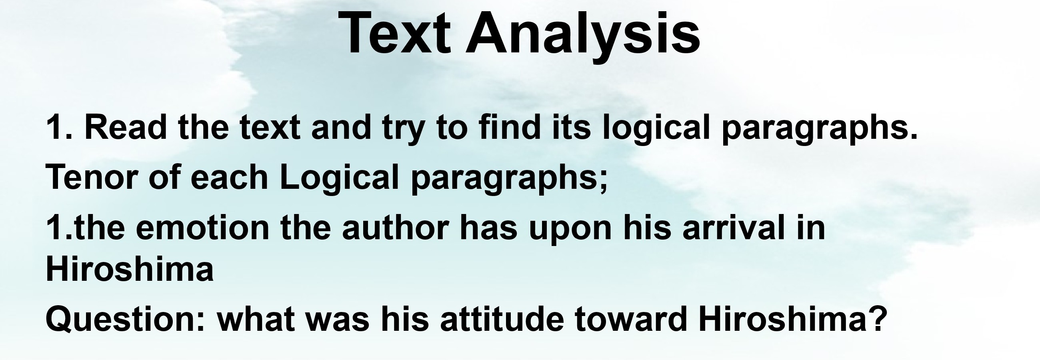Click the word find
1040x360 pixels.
[509, 127]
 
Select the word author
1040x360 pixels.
[395, 228]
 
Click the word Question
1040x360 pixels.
[126, 319]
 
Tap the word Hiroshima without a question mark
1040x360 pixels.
[130, 268]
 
